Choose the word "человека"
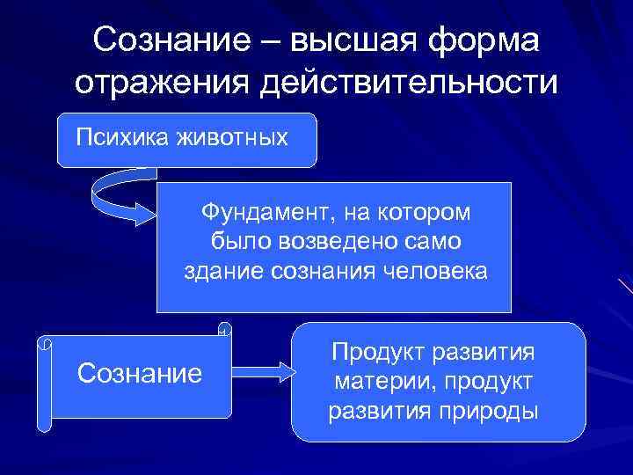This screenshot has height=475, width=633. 434,271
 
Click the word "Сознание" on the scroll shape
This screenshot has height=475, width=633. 140,373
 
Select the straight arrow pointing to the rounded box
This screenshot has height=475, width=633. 265,371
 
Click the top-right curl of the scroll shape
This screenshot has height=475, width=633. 225,331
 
